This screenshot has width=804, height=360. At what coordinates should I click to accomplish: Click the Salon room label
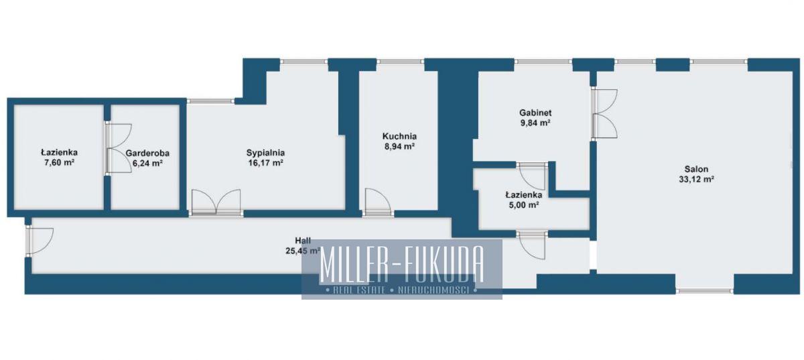[x=696, y=169]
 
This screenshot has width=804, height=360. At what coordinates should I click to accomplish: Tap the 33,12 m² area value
[x=696, y=179]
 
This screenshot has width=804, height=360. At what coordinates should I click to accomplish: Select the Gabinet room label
[x=535, y=113]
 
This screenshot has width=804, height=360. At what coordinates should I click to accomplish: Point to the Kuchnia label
[x=399, y=136]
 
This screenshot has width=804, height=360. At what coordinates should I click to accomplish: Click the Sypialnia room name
[x=265, y=153]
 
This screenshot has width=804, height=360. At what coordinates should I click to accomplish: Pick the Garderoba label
[x=147, y=153]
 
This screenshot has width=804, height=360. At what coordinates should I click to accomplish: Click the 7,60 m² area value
[x=59, y=162]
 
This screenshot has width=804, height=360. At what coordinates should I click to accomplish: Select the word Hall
[x=303, y=241]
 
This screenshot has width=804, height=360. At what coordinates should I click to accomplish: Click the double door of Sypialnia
[x=216, y=203]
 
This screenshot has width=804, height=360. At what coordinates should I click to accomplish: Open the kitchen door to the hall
[x=378, y=202]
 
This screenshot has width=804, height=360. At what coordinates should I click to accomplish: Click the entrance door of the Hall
[x=40, y=241]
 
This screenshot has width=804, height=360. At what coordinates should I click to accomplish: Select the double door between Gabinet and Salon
[x=604, y=113]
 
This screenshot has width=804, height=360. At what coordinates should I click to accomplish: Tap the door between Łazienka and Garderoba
[x=119, y=148]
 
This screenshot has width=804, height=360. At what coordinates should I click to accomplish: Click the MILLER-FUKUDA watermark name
[x=401, y=264]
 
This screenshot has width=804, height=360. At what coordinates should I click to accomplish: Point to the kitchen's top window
[x=401, y=62]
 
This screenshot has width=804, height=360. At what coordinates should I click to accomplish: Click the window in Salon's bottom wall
[x=705, y=291]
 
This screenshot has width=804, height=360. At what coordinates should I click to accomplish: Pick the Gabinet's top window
[x=543, y=62]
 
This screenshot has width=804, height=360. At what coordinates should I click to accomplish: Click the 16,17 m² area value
[x=265, y=163]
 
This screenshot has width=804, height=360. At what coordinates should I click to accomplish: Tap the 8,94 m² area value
[x=399, y=146]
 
